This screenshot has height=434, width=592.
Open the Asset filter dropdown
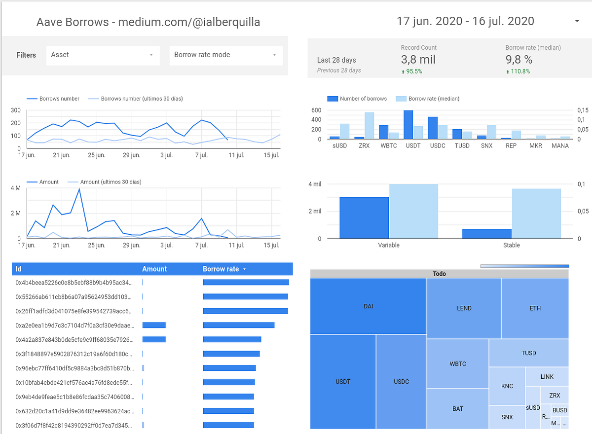(103, 55)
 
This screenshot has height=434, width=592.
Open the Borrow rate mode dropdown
(226, 55)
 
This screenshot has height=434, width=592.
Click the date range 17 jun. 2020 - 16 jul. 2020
(465, 21)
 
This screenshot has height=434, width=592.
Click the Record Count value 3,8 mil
(418, 60)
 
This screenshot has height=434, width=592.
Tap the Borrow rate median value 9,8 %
(518, 60)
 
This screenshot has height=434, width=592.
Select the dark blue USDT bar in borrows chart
(408, 125)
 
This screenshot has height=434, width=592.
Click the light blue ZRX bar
(369, 126)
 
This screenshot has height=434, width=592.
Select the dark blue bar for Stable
(487, 234)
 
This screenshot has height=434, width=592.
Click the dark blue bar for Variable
(364, 218)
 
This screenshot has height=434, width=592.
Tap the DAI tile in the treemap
(368, 306)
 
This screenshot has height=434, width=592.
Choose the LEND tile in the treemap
(464, 308)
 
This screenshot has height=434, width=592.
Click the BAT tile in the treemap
(457, 408)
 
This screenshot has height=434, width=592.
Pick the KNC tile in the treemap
(507, 386)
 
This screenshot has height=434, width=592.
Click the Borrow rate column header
(221, 269)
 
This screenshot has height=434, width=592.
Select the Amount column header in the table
(154, 269)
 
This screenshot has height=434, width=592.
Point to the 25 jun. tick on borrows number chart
(97, 155)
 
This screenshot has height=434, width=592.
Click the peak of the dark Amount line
(79, 189)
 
